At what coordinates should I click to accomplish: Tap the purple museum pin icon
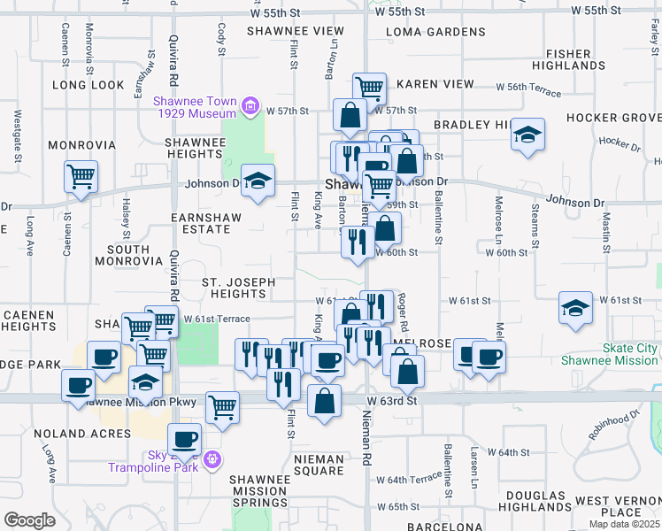(x=250, y=108)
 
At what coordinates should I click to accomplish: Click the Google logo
(x=29, y=519)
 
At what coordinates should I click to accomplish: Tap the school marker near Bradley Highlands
(x=527, y=135)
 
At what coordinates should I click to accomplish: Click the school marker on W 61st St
(x=575, y=310)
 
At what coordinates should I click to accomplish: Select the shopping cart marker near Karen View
(x=369, y=88)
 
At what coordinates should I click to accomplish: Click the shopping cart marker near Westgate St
(x=81, y=177)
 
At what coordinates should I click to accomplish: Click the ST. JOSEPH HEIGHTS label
(x=238, y=288)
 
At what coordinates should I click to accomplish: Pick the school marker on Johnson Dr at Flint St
(x=258, y=182)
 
